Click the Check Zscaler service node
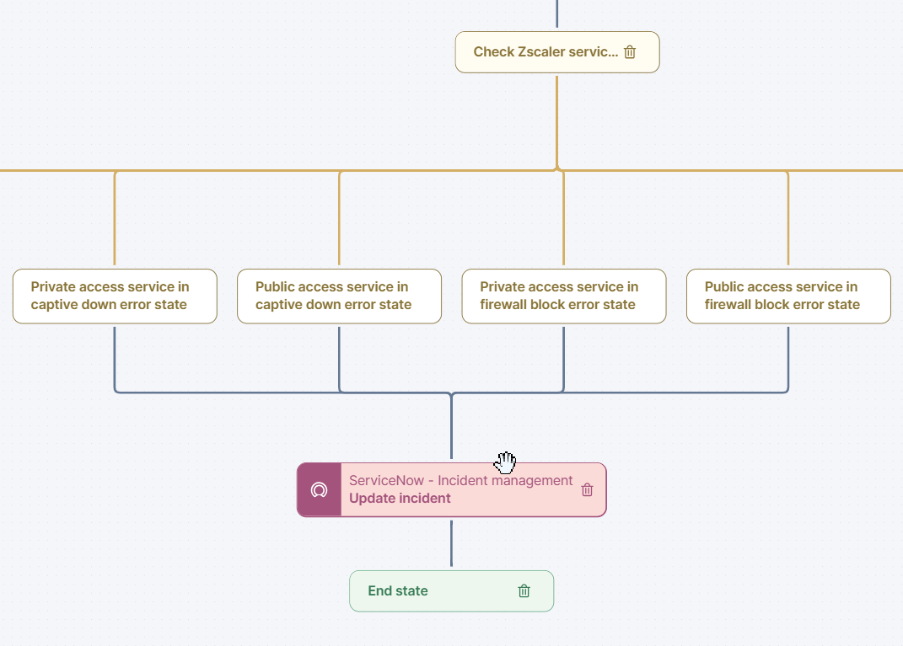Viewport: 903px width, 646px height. [544, 52]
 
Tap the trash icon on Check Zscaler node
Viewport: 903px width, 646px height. [630, 52]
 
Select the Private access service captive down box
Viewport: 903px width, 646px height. [115, 296]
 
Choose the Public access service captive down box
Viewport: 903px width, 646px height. [339, 296]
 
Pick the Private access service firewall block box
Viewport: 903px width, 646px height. [563, 296]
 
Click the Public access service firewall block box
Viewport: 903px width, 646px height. [788, 296]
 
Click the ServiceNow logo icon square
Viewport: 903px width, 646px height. [319, 489]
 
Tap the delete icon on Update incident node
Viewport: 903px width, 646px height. [588, 489]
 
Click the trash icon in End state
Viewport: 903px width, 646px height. [524, 591]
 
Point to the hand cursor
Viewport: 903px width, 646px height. [505, 462]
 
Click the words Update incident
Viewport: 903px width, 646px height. [400, 499]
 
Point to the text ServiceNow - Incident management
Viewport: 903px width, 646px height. [460, 481]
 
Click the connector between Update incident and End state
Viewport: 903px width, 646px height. [451, 543]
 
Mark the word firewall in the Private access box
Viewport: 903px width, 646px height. [503, 305]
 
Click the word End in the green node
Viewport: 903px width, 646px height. [379, 591]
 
